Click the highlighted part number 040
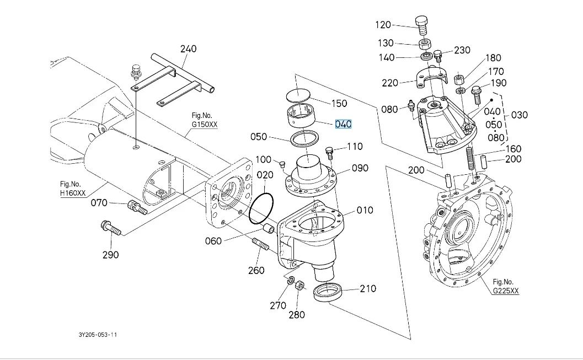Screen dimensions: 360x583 pos(343,124)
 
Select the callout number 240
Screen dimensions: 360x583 pos(188,49)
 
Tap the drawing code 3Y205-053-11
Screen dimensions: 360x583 pos(98,335)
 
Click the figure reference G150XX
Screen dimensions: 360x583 pos(205,125)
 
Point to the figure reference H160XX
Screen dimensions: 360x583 pos(73,192)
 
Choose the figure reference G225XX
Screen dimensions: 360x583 pos(506,291)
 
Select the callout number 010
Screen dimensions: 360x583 pos(365,210)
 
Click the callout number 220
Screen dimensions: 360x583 pos(390,83)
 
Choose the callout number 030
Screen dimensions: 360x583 pos(520,115)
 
